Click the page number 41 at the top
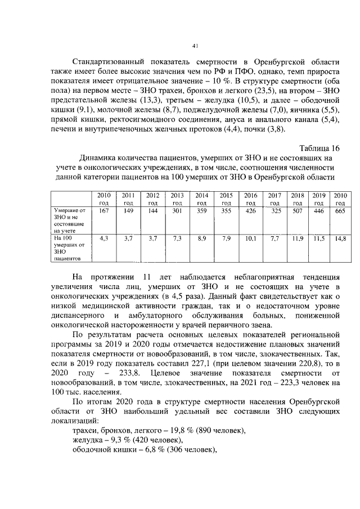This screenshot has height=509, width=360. click(195, 46)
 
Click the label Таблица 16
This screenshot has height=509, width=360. click(320, 148)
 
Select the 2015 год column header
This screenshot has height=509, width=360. click(226, 199)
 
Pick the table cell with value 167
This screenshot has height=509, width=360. click(103, 211)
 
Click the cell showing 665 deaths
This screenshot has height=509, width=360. click(340, 211)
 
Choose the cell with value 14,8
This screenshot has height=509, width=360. click(340, 238)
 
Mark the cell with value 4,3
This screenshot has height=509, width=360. click(103, 238)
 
